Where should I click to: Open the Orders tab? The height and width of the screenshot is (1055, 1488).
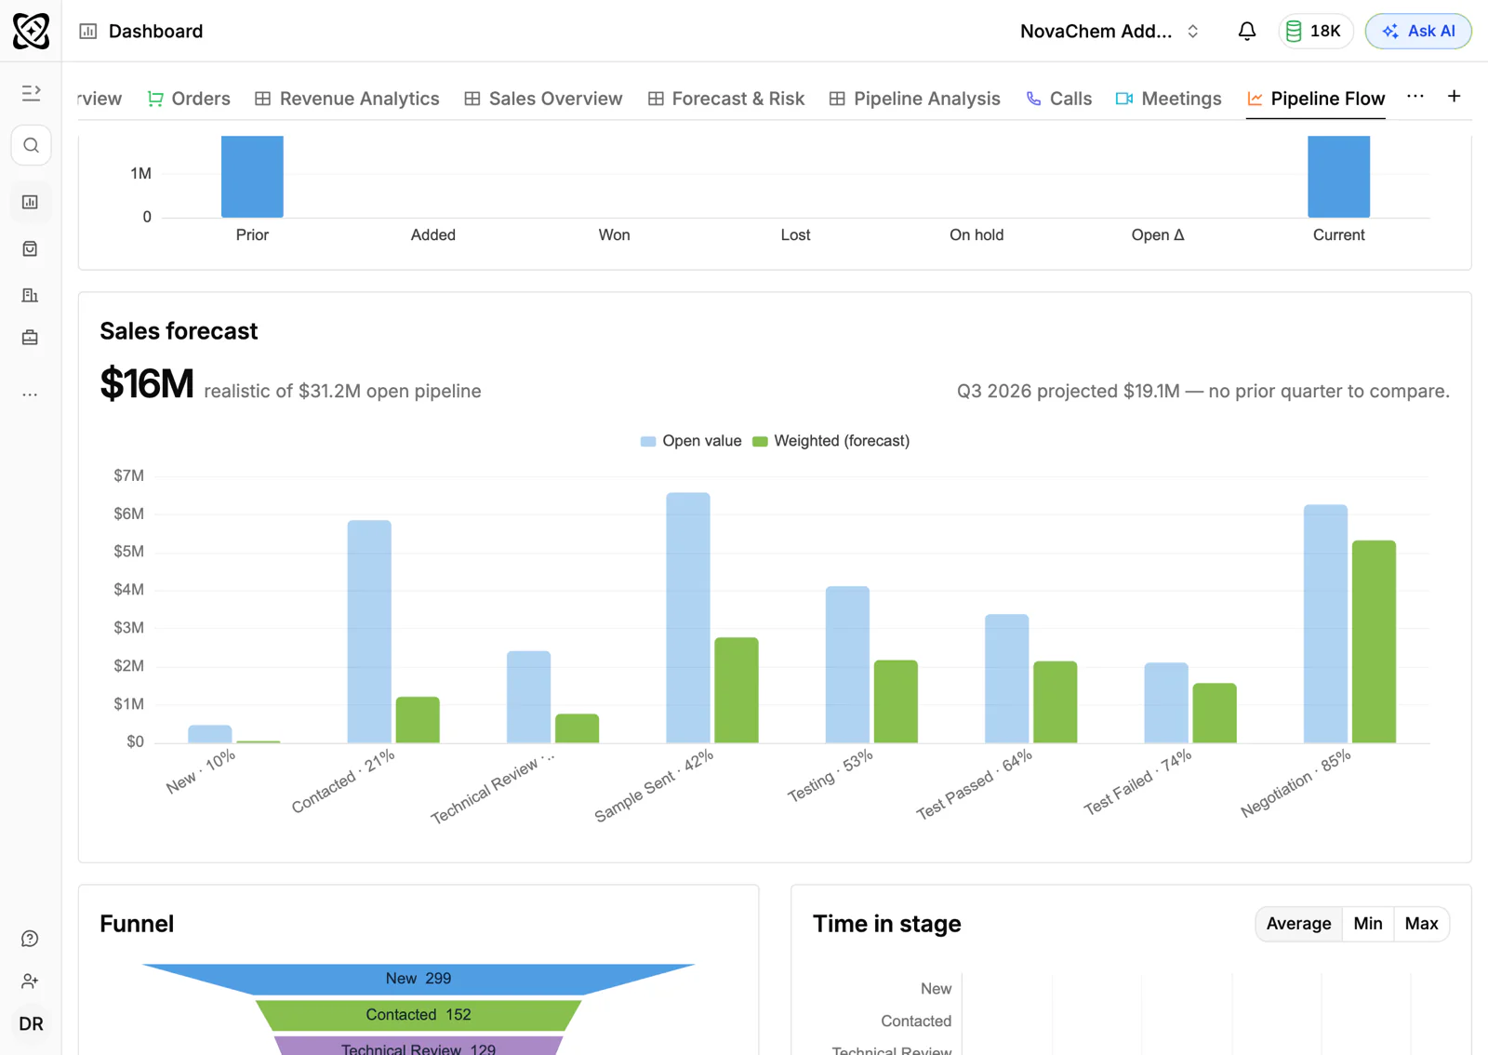pos(189,99)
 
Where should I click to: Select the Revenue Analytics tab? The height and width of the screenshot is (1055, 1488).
pos(347,99)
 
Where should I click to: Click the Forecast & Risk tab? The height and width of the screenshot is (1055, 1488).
pos(726,99)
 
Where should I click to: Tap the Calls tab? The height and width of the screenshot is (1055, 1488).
pos(1059,99)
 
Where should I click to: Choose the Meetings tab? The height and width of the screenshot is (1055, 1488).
pos(1168,99)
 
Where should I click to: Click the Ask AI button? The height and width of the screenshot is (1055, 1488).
pos(1418,32)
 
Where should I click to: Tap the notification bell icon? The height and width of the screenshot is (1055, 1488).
pos(1247,32)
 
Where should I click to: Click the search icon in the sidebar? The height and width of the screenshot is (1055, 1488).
pos(31,145)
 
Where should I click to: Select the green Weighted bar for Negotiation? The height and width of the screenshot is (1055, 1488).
pos(1374,642)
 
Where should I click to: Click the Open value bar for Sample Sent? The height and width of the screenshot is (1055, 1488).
pos(688,618)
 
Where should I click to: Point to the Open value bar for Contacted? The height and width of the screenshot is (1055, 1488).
pos(369,632)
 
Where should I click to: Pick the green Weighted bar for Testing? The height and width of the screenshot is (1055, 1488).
pos(896,701)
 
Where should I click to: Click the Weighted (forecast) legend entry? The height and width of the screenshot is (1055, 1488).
pos(830,441)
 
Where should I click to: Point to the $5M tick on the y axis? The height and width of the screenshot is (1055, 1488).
pos(129,552)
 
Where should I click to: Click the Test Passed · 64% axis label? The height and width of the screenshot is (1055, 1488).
pos(975,784)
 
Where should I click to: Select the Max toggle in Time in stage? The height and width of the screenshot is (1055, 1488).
pos(1422,924)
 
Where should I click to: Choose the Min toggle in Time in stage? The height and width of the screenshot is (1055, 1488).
pos(1368,924)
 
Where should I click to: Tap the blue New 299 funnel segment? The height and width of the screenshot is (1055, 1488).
pos(418,979)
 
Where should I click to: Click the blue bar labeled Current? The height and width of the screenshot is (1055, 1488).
pos(1338,177)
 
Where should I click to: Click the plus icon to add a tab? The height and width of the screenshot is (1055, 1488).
pos(1455,97)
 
